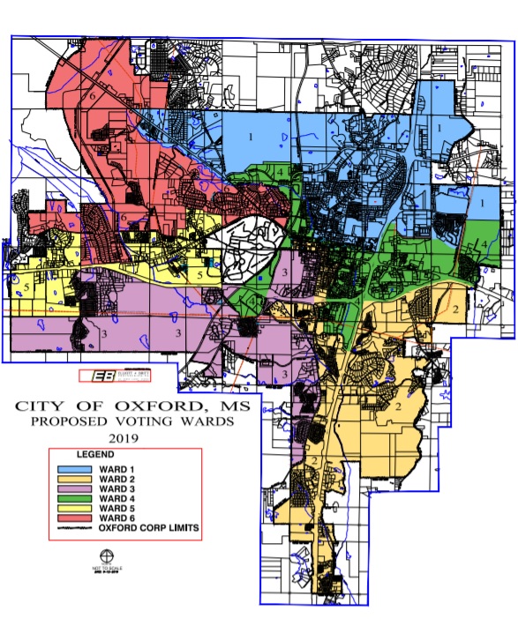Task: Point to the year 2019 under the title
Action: (x=131, y=436)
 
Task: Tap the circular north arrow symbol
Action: (x=107, y=556)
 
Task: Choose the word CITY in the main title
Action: (x=41, y=406)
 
